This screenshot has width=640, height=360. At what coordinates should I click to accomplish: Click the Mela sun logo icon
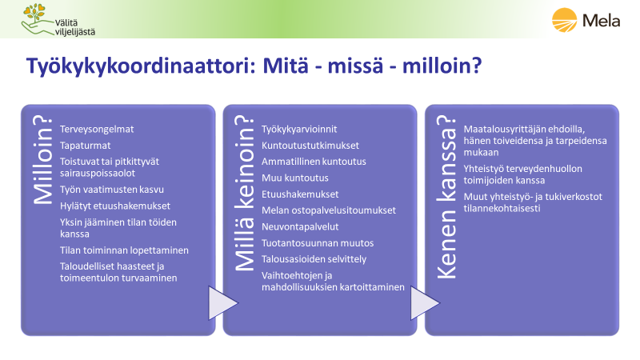[565, 19]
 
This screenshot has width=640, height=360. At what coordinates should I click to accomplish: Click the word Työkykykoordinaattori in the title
[141, 66]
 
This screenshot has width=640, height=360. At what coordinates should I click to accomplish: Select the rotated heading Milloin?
[43, 160]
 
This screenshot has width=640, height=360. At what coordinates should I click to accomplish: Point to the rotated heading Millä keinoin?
[245, 193]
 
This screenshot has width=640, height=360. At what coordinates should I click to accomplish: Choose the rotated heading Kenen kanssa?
[446, 197]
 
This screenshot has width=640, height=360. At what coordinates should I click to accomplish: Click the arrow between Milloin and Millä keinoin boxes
[223, 303]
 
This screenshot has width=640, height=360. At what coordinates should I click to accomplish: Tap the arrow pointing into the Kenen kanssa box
[425, 303]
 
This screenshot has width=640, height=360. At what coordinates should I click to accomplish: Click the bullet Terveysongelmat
[97, 130]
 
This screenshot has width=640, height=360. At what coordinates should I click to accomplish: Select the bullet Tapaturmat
[86, 146]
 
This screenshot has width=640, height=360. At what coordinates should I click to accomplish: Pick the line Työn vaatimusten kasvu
[112, 190]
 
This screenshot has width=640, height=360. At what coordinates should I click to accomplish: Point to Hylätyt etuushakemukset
[115, 206]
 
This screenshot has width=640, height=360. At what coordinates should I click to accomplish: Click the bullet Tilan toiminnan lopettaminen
[124, 250]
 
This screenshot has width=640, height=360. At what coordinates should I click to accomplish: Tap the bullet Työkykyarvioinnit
[299, 130]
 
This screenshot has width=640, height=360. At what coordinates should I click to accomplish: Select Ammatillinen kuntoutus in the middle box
[314, 162]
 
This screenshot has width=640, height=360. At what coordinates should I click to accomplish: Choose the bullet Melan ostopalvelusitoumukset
[329, 210]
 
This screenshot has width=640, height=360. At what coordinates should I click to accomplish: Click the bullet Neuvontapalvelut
[300, 227]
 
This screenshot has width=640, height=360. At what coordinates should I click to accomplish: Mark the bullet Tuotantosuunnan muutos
[318, 243]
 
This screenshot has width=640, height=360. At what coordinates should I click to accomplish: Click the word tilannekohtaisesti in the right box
[502, 209]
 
